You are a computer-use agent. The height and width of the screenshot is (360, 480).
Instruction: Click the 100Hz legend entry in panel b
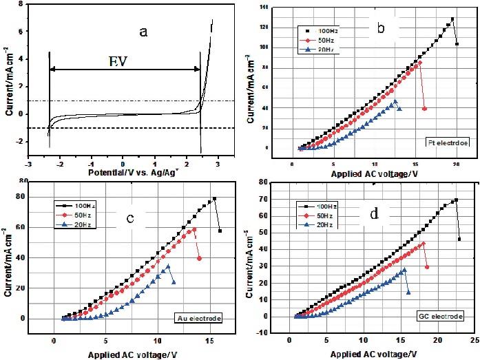319,31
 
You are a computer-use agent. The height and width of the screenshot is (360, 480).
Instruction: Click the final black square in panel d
459,240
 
